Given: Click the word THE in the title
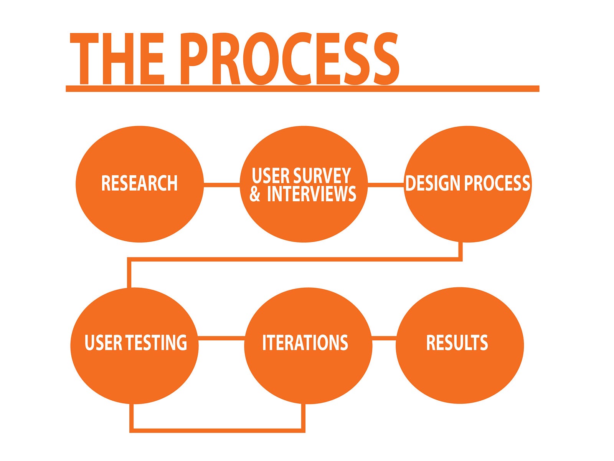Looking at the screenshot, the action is pyautogui.click(x=117, y=58).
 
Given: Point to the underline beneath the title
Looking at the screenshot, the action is pyautogui.click(x=302, y=88).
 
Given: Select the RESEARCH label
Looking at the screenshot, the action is pyautogui.click(x=140, y=183).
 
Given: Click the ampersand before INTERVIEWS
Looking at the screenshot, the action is pyautogui.click(x=254, y=194).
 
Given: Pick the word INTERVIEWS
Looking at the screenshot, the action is pyautogui.click(x=312, y=194).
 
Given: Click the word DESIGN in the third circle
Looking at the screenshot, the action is pyautogui.click(x=434, y=183).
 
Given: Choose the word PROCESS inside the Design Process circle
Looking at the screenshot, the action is pyautogui.click(x=497, y=183).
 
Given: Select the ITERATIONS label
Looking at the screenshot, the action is pyautogui.click(x=305, y=342).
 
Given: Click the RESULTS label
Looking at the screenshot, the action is pyautogui.click(x=457, y=342).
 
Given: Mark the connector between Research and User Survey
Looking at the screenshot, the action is pyautogui.click(x=222, y=184).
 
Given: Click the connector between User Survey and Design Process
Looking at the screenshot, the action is pyautogui.click(x=386, y=184).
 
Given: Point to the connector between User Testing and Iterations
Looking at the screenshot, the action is pyautogui.click(x=221, y=338).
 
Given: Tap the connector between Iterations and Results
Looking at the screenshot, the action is pyautogui.click(x=384, y=338).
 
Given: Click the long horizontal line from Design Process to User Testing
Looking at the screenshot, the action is pyautogui.click(x=295, y=259).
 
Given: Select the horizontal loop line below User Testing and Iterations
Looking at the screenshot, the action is pyautogui.click(x=217, y=431).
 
